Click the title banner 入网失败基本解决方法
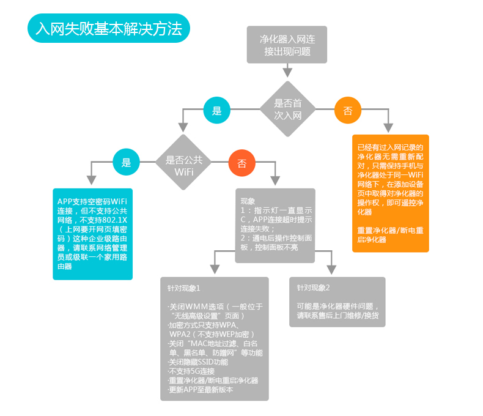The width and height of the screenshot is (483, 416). (x=109, y=29)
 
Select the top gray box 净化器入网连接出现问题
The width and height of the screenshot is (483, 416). (x=287, y=45)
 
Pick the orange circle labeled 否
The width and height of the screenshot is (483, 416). (x=348, y=111)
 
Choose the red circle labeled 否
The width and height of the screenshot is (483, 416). (x=242, y=163)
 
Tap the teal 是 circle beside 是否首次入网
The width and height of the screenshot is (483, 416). (x=216, y=111)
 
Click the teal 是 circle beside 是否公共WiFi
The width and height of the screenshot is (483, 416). (x=126, y=163)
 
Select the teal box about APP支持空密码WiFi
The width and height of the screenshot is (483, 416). (x=92, y=234)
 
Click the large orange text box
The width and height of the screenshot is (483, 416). (x=391, y=193)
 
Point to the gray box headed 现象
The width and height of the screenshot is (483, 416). (x=275, y=225)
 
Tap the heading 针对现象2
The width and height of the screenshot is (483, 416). (x=314, y=288)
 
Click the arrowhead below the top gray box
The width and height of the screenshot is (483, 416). (x=287, y=72)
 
